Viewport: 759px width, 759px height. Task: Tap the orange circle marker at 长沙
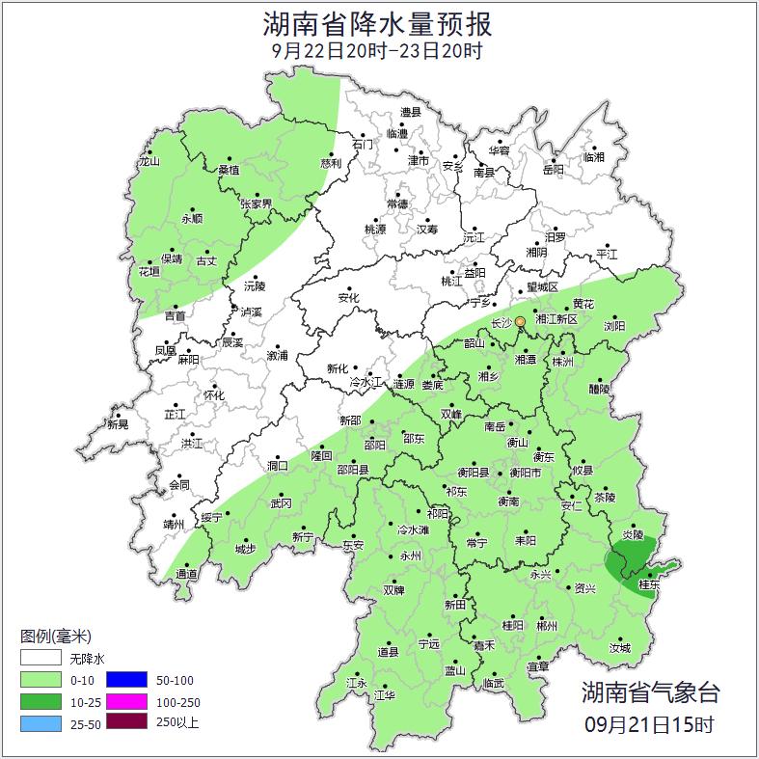520,321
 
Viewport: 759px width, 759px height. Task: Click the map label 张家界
257,203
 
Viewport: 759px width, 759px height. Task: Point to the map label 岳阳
553,170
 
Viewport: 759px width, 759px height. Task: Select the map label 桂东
649,584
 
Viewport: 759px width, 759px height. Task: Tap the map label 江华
384,694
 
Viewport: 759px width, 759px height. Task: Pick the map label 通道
187,574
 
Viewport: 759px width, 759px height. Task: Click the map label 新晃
118,424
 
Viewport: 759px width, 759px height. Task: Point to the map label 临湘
594,156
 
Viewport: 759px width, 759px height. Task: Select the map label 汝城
619,648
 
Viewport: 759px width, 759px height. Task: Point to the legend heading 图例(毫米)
55,637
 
